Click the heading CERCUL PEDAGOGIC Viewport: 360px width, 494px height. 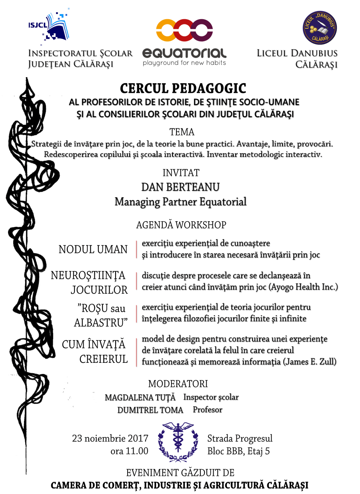click(183, 88)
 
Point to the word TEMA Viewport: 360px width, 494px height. click(182, 132)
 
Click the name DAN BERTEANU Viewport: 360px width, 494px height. click(180, 187)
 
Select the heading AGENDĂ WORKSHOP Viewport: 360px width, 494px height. click(181, 225)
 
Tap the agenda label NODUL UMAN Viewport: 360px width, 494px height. click(93, 250)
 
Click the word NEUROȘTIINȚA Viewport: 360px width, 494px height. click(88, 276)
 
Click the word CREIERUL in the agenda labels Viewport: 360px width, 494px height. click(103, 359)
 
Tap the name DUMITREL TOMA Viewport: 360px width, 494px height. click(150, 410)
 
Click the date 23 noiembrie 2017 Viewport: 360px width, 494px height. click(110, 438)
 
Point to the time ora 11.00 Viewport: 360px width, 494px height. click(129, 451)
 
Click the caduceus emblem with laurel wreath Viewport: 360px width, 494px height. click(178, 442)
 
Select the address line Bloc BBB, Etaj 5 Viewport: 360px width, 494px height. click(238, 451)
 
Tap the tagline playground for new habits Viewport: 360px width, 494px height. click(184, 63)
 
